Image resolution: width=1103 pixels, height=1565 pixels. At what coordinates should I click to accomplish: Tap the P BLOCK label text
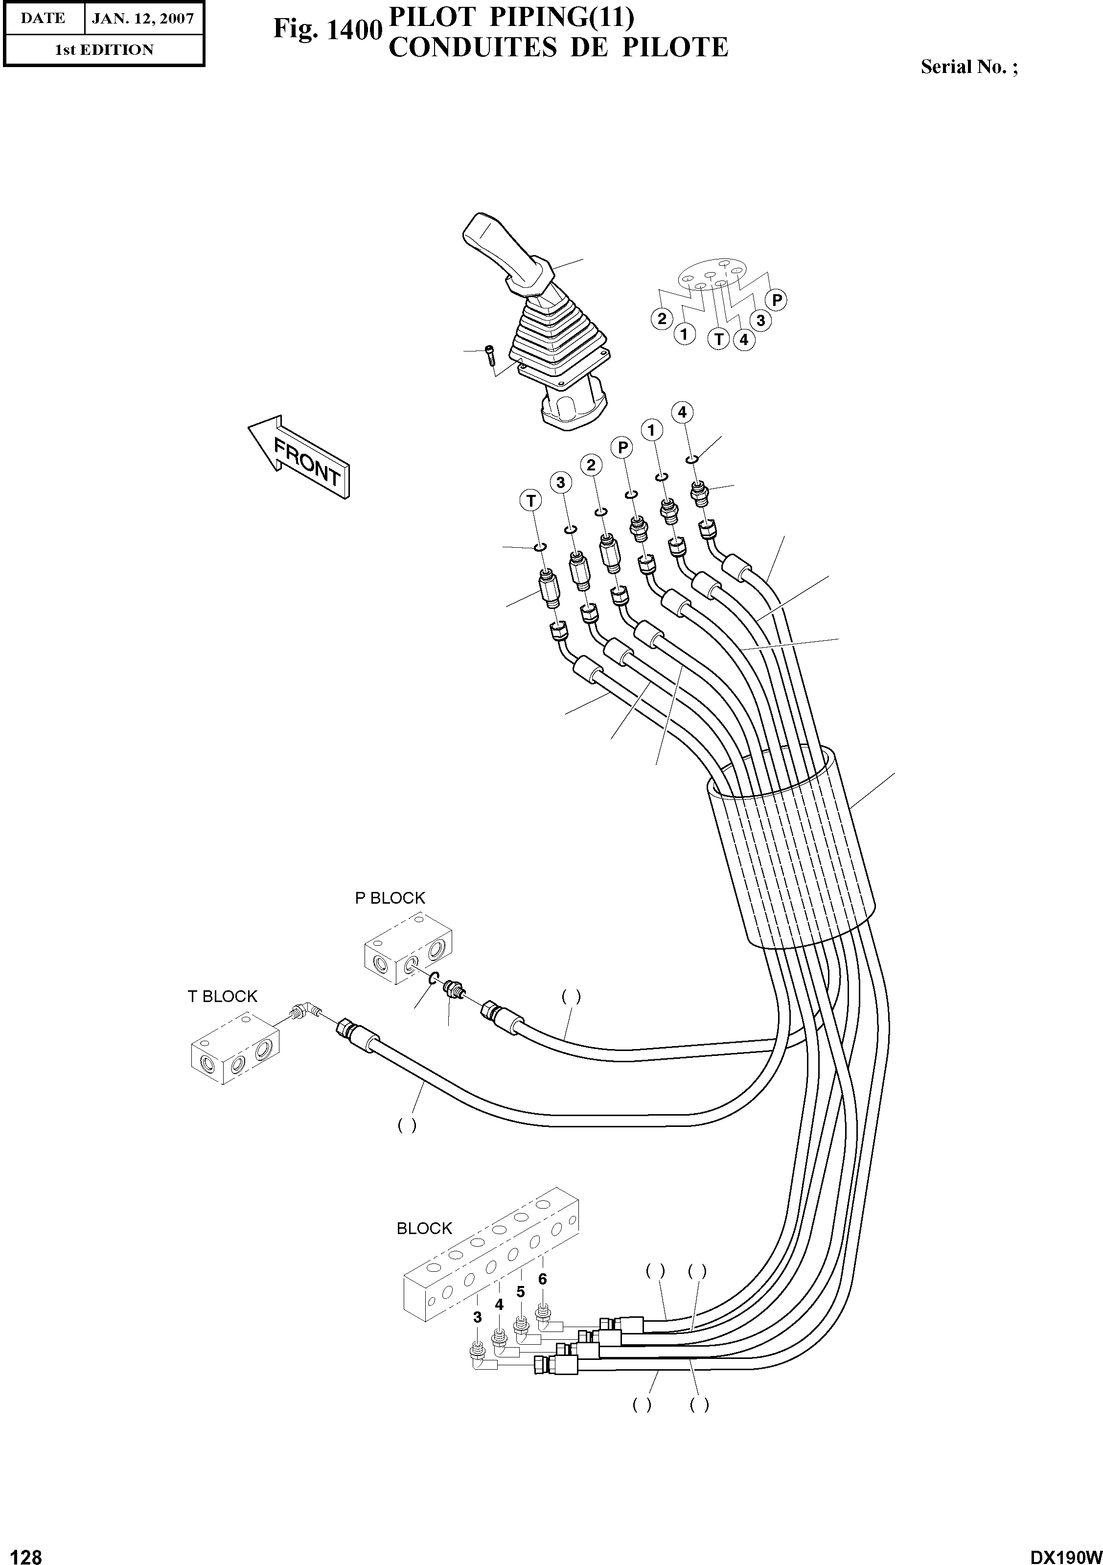(x=390, y=898)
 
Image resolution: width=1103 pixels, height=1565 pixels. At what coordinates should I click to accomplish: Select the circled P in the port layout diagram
(x=776, y=300)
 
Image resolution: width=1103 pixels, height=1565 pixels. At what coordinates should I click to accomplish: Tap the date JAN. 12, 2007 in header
(x=143, y=19)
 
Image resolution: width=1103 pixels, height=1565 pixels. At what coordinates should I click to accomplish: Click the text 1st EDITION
(x=104, y=50)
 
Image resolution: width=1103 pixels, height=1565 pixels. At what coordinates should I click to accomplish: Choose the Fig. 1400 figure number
(x=325, y=29)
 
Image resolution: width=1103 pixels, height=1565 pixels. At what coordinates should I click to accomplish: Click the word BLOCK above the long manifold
(x=424, y=1228)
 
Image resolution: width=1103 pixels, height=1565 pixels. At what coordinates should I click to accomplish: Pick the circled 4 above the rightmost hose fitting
(x=682, y=412)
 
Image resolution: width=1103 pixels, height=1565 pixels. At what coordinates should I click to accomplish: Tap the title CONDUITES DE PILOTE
(x=558, y=47)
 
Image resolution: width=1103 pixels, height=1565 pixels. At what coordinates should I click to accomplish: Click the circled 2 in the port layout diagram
(x=661, y=318)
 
